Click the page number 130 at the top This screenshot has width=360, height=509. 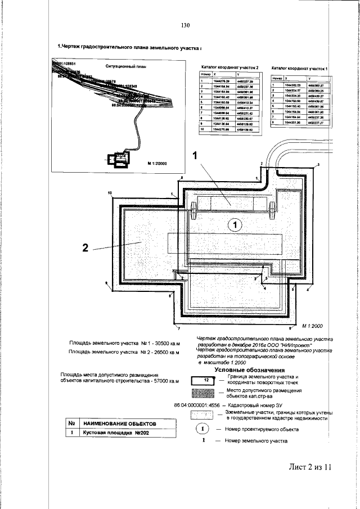pos(187,25)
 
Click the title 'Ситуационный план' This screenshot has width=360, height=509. pos(125,66)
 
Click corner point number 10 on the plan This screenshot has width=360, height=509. pos(110,193)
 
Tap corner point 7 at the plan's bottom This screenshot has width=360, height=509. pos(178,327)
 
